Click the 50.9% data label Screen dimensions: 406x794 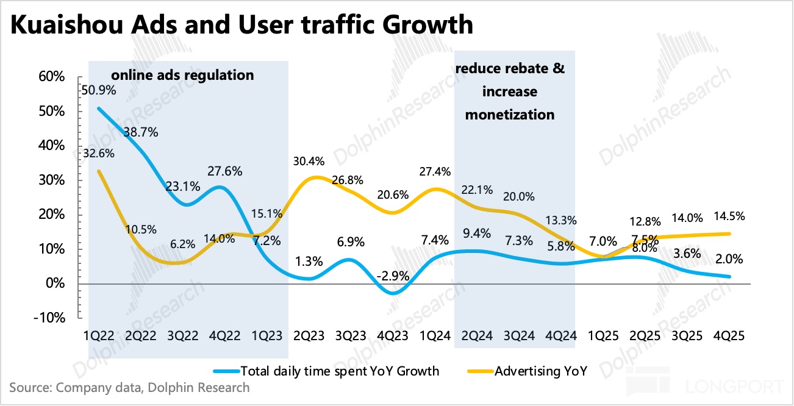(97, 90)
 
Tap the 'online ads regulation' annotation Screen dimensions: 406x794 (182, 76)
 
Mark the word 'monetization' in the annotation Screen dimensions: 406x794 (510, 114)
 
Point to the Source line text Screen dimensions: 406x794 (129, 387)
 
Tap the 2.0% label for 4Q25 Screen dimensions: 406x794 (729, 259)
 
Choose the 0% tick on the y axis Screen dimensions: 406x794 (55, 283)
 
